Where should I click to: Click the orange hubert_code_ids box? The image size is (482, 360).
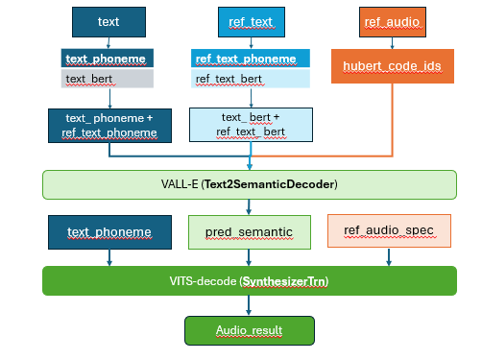click(x=392, y=66)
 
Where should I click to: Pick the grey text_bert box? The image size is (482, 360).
click(x=108, y=78)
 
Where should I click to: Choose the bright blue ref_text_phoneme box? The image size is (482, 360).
click(x=250, y=59)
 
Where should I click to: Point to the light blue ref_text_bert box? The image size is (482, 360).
click(x=250, y=78)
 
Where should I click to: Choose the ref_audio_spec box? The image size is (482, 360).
click(x=388, y=232)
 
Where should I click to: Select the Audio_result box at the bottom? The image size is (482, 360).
click(x=249, y=329)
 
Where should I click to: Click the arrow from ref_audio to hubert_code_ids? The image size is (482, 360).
click(x=392, y=41)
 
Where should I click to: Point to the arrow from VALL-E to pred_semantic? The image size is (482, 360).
click(x=249, y=205)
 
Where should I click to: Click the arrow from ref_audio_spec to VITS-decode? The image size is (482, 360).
click(x=388, y=256)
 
